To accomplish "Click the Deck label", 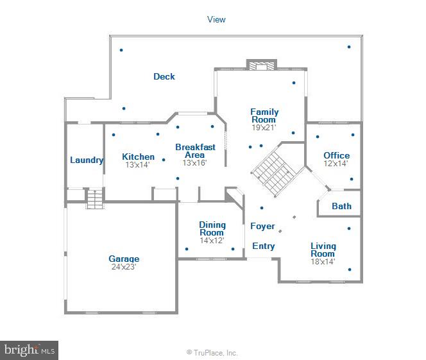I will coord(164,77).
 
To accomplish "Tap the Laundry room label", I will coord(87,160).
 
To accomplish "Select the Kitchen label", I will coord(139,157).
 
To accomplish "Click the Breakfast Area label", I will coord(195,151).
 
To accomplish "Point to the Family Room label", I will coord(264,116).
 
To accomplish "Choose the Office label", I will coord(336,155).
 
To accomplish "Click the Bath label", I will coord(341,206).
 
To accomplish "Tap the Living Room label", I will coord(323,250).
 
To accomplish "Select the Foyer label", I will coord(262,226).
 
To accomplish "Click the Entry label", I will coord(263,246).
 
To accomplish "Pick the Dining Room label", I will coord(212,228).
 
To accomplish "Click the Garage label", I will coord(124,259).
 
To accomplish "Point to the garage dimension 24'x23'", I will coord(124,267).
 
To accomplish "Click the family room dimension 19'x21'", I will coord(264,128).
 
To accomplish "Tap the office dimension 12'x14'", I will coord(336,164).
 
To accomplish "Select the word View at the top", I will coord(216,19).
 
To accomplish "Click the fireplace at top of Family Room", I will coord(262,65).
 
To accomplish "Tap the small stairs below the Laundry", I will coord(94,199).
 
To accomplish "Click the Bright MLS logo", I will coord(30,350).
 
